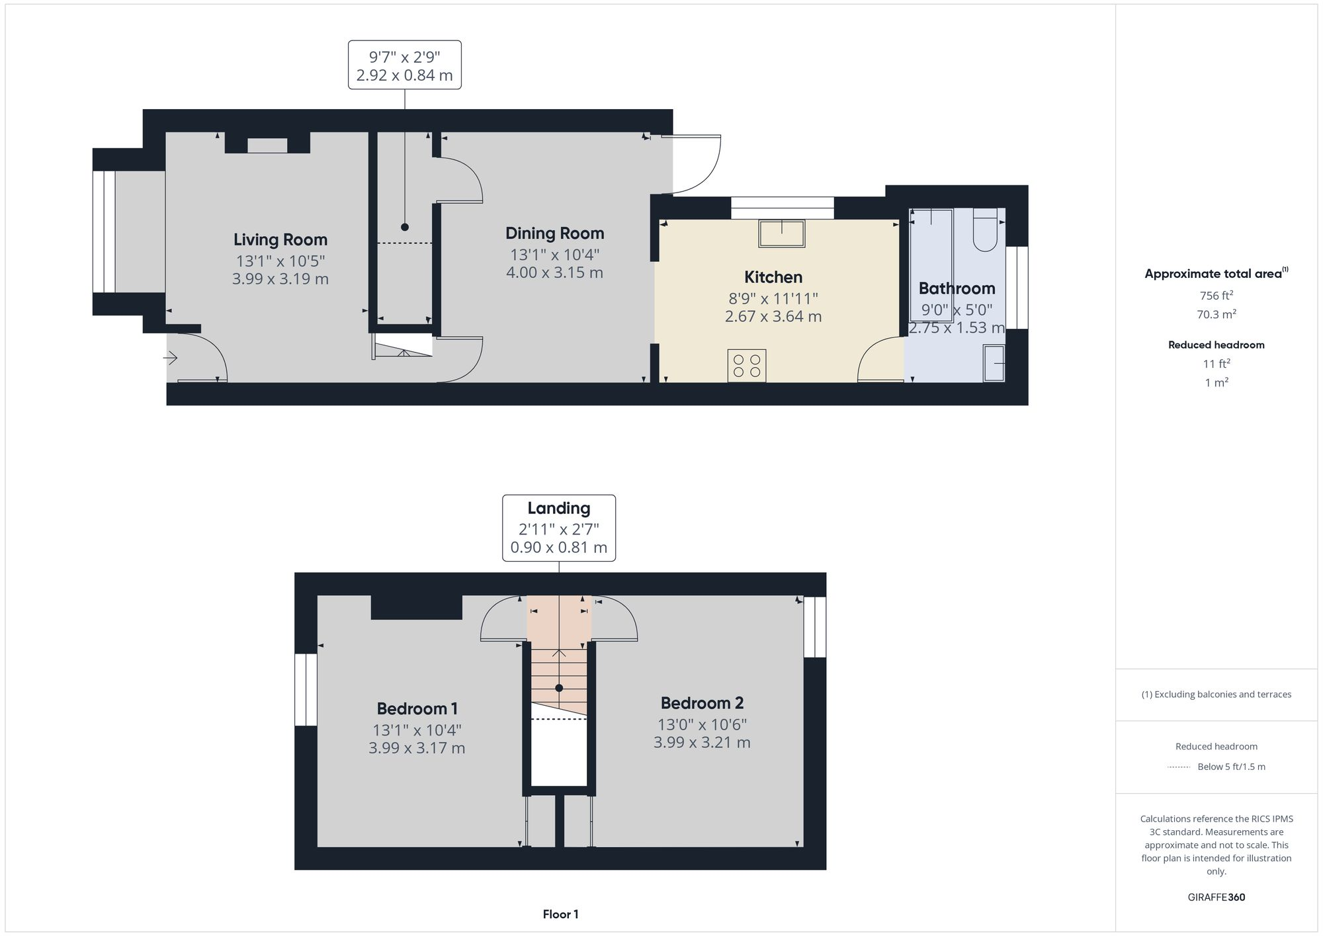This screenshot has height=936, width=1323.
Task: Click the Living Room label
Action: click(280, 239)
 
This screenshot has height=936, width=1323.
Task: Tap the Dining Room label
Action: click(554, 233)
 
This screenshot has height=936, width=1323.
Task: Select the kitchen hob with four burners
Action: click(747, 366)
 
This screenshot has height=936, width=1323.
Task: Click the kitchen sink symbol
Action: click(782, 234)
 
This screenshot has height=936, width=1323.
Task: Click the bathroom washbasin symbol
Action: click(994, 363)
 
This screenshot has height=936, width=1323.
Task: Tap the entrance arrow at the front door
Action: click(171, 359)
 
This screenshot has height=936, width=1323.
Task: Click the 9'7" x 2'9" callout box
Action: click(404, 65)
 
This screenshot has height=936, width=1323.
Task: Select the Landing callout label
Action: click(558, 508)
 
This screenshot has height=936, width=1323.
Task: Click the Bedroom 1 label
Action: click(417, 708)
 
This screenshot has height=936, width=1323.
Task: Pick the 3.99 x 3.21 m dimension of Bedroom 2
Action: click(702, 742)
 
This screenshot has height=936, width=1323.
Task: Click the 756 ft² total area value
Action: click(1216, 296)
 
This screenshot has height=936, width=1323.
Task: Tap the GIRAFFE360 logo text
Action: click(1216, 897)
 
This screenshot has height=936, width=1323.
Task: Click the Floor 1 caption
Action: click(560, 914)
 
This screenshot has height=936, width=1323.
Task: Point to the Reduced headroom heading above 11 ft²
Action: click(1216, 345)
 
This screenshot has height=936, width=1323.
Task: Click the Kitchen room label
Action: click(773, 277)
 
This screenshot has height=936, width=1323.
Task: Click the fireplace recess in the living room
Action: click(267, 146)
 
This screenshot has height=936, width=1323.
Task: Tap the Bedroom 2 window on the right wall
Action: click(815, 627)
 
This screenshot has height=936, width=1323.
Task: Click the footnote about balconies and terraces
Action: click(1216, 695)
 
